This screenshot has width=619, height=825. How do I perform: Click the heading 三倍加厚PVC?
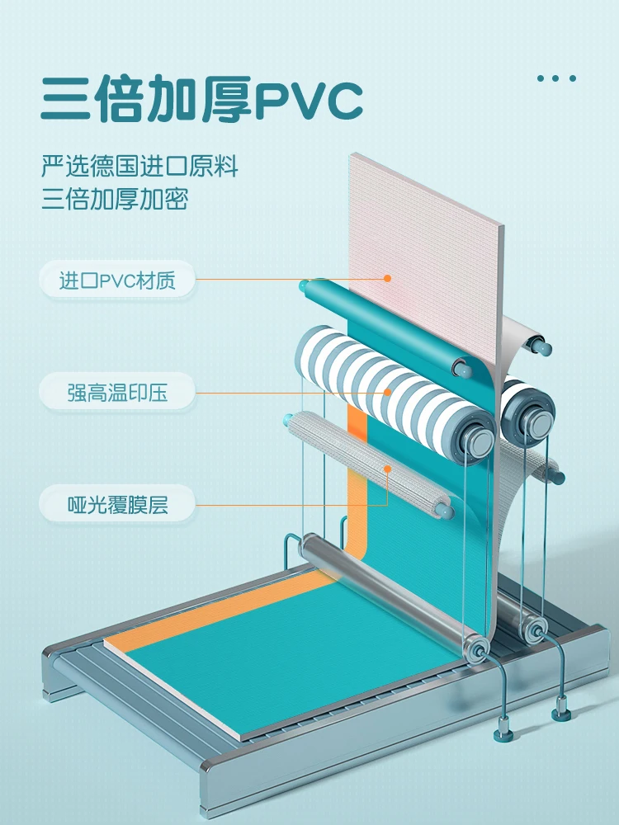[202, 100]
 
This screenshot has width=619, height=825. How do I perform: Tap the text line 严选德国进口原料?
[139, 167]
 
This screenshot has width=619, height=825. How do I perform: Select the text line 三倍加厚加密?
[115, 200]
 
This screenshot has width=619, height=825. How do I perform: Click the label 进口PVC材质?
[116, 280]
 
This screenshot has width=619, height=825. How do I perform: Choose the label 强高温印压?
[116, 393]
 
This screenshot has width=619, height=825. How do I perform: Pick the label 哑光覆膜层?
[116, 504]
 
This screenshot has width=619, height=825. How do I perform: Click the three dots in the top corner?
[556, 79]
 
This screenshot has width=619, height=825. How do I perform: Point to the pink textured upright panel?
[425, 247]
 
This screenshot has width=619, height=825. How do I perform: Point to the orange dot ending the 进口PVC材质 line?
[387, 279]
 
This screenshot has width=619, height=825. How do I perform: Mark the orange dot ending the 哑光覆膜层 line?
[387, 469]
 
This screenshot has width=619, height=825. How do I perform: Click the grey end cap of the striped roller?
[477, 441]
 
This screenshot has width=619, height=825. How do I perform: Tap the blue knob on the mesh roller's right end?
[446, 511]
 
